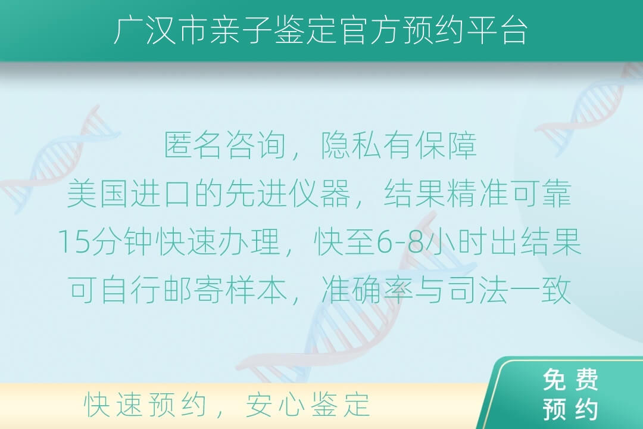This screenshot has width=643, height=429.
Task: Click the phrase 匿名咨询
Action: pos(224,145)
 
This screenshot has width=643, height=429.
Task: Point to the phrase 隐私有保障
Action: pos(398,145)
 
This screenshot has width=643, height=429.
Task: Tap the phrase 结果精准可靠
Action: pos(477,194)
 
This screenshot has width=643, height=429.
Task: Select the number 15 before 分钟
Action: pos(74,243)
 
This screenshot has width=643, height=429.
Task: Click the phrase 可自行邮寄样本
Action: pos(177,290)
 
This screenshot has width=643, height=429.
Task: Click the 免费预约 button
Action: pos(570,394)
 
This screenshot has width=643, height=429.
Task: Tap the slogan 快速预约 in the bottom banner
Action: pos(145,405)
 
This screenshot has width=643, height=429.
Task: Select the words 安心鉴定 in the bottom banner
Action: pos(308,405)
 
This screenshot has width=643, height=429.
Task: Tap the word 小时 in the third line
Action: pos(456,243)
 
